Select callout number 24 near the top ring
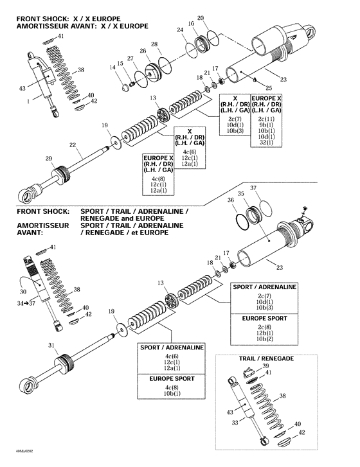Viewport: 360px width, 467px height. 179,30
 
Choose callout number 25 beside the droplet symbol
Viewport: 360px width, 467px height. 268,87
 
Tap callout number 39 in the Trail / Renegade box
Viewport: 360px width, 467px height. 267,365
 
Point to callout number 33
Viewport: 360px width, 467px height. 234,422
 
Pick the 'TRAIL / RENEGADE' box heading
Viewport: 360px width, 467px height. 265,357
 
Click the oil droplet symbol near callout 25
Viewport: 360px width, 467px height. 256,80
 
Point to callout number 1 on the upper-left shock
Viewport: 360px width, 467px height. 28,101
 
